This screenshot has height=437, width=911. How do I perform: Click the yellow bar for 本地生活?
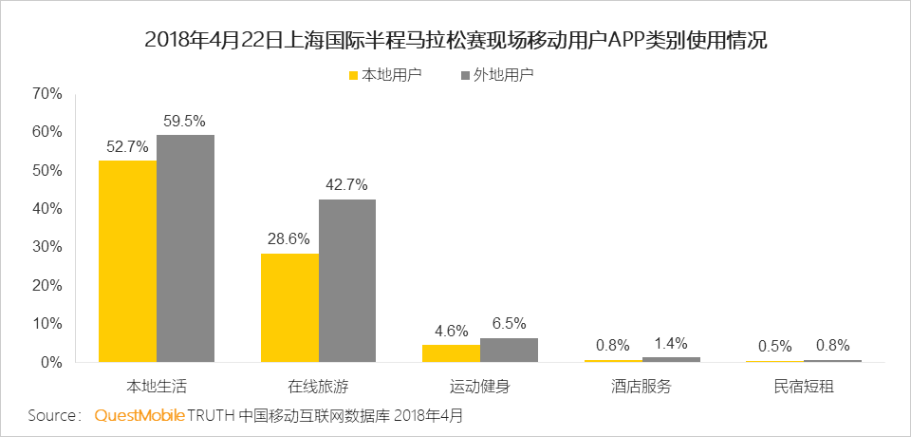coord(127,261)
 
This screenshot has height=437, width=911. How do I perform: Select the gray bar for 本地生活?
coord(185,249)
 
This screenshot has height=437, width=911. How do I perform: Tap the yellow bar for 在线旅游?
coord(289,308)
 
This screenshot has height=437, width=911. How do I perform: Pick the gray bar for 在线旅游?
coord(347,281)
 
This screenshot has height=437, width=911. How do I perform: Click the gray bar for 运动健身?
coord(509,351)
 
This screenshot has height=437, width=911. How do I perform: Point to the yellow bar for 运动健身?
coord(452,353)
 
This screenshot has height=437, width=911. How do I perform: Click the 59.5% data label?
coord(185,122)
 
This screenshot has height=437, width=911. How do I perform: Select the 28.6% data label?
coord(289,239)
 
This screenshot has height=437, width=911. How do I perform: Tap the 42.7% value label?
coord(347,185)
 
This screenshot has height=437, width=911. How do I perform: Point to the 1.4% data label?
coord(671,343)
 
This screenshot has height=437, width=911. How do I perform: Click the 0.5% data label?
coord(775,347)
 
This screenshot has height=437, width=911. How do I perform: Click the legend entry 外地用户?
coord(496,75)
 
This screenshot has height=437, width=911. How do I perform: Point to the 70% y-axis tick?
coord(47,94)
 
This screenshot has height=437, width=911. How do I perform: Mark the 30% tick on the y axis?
coord(47,247)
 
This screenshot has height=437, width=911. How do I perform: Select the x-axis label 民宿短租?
coord(804,387)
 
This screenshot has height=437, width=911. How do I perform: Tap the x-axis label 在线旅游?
coord(319,387)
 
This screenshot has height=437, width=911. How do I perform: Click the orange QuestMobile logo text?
coord(140,416)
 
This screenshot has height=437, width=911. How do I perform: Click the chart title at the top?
coord(456,41)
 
